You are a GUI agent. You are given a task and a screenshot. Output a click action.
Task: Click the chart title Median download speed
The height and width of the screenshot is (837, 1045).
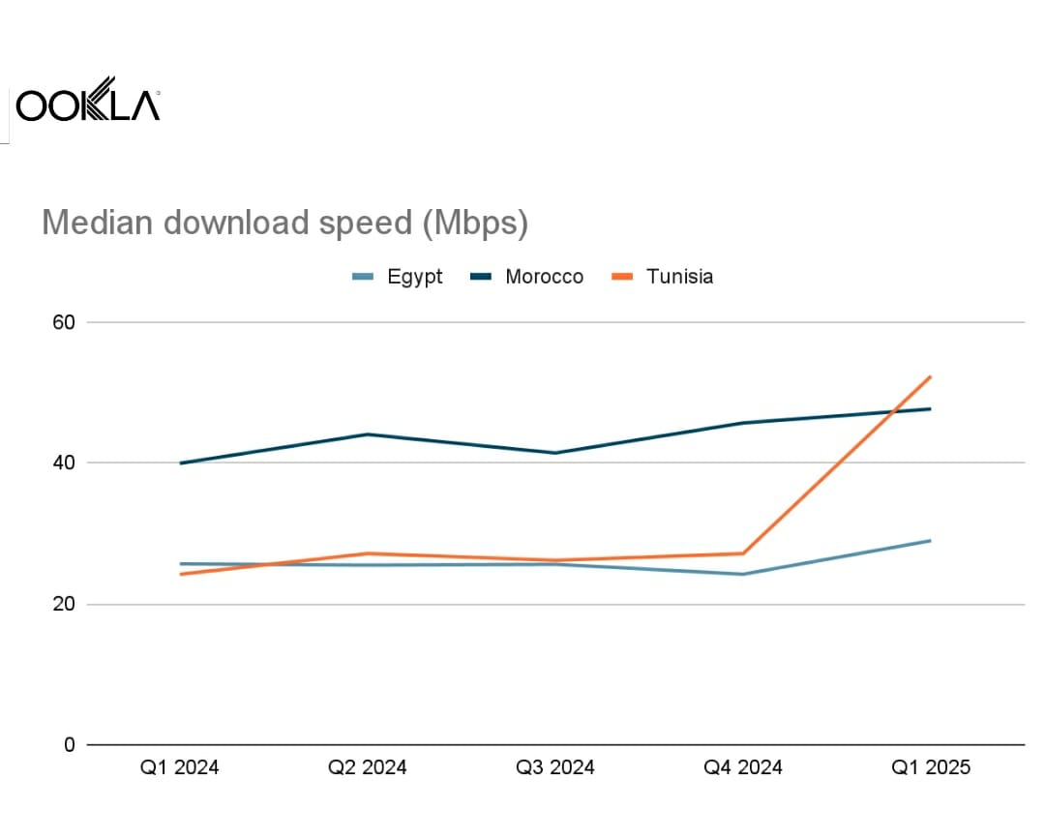point(284,223)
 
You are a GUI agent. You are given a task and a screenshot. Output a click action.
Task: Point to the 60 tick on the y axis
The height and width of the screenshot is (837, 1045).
point(63,322)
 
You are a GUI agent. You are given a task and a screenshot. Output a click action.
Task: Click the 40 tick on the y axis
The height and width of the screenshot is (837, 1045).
point(63,463)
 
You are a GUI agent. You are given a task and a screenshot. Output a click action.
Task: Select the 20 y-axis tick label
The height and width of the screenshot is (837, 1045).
point(63,604)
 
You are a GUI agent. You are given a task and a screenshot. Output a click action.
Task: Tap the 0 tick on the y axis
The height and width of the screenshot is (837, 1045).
point(69,745)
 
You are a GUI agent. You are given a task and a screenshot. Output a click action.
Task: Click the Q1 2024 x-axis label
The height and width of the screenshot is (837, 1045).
point(180,768)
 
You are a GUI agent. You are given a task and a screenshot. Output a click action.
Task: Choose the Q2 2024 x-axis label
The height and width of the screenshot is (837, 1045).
point(368,768)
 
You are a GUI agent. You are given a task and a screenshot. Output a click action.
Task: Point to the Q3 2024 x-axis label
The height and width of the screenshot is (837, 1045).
point(555,768)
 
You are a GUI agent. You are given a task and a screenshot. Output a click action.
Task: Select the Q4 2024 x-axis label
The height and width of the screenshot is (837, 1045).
point(743,768)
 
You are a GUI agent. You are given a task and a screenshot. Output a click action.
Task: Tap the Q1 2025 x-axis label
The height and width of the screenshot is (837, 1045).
point(931,768)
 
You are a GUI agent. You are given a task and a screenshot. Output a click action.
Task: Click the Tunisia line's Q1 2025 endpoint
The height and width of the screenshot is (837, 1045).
point(931,376)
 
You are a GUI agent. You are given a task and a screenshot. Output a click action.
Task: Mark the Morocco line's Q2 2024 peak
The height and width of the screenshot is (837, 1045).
point(368,434)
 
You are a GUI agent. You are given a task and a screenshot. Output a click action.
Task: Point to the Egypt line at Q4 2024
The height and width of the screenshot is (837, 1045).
point(743,574)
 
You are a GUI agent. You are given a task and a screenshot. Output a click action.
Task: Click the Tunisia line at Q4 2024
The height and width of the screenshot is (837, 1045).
point(743,553)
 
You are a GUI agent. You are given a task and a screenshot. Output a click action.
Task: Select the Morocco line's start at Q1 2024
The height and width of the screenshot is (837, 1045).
point(181,463)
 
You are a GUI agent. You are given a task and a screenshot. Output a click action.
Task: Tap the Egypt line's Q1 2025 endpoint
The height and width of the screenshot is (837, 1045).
point(931,540)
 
